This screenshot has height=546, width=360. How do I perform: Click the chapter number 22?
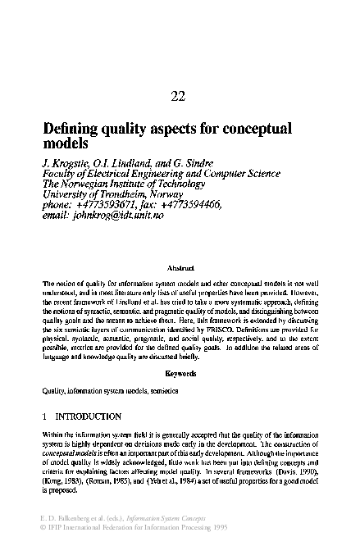point(180,97)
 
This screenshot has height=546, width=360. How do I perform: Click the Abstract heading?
point(180,268)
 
